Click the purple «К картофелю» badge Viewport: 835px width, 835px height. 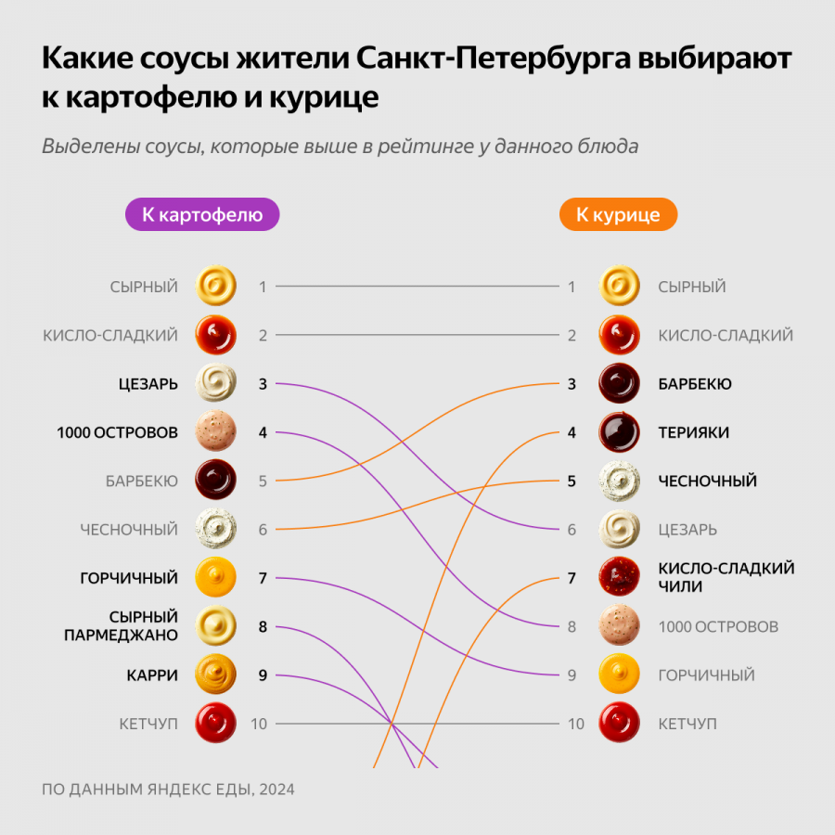click(x=202, y=215)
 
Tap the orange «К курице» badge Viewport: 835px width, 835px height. click(x=618, y=215)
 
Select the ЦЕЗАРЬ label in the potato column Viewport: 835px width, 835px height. click(x=148, y=384)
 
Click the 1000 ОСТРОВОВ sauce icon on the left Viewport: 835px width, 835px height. click(x=216, y=432)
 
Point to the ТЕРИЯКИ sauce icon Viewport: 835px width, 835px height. click(x=619, y=432)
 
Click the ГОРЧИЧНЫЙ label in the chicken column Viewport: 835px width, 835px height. click(x=706, y=675)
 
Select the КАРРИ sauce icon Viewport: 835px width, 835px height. click(x=216, y=675)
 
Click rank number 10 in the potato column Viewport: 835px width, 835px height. click(x=259, y=724)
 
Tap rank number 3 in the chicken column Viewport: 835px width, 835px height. click(x=572, y=384)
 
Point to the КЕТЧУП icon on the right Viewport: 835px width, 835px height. click(x=619, y=724)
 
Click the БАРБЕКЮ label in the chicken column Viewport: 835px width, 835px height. click(x=695, y=384)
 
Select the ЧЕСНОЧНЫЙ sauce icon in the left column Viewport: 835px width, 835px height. click(x=216, y=530)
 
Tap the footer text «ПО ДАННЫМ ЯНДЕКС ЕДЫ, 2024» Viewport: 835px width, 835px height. click(x=168, y=790)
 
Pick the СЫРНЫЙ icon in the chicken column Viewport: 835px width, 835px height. click(x=619, y=287)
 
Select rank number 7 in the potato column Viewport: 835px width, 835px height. click(x=263, y=578)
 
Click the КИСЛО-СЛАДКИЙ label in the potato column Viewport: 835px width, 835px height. click(x=110, y=336)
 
